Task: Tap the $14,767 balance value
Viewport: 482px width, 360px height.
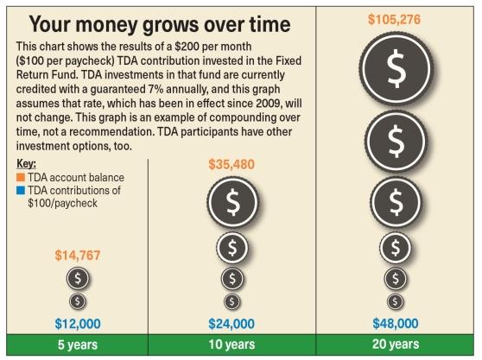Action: [x=79, y=255]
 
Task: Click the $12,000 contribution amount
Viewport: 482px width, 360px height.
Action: [x=79, y=324]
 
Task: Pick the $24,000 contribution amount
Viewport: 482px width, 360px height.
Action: [x=231, y=324]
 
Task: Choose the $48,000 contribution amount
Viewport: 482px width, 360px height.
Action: [x=396, y=324]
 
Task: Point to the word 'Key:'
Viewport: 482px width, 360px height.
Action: [x=26, y=164]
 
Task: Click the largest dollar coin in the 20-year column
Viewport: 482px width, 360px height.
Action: [x=396, y=73]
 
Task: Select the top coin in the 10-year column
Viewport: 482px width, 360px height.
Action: [x=231, y=203]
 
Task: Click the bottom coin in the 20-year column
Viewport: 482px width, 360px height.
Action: [x=396, y=301]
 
